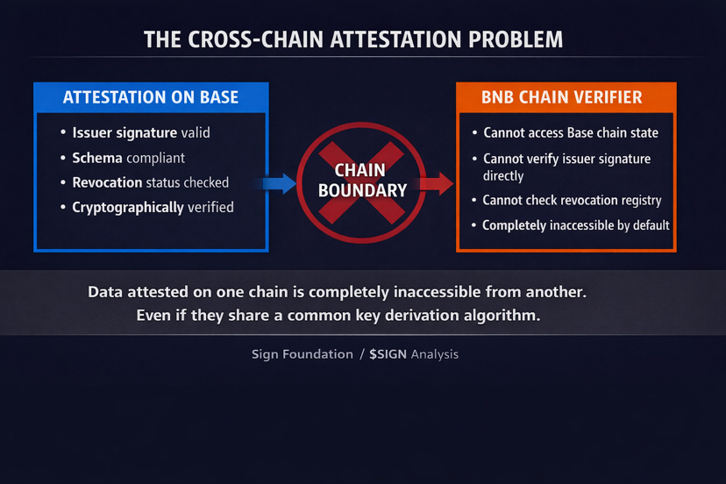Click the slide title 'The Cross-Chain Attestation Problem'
(x=353, y=39)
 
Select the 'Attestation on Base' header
(x=151, y=97)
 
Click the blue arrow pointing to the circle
(x=278, y=183)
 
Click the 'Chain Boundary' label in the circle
(x=362, y=180)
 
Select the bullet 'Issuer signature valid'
(x=141, y=133)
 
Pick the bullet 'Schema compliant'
(x=129, y=158)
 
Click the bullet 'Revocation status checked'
(x=151, y=182)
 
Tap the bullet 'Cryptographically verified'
(x=153, y=208)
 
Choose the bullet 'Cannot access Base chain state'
(x=571, y=133)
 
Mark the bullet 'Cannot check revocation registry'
(x=572, y=201)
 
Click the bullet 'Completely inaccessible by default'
(x=576, y=225)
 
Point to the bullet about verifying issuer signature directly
(x=566, y=167)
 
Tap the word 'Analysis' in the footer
(x=435, y=354)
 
